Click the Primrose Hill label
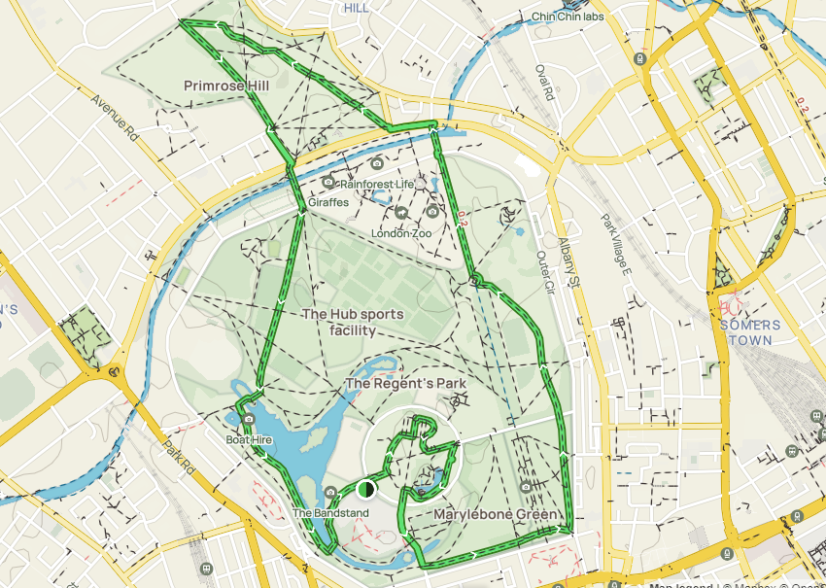click(225, 86)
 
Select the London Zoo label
click(400, 233)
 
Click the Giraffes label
click(328, 202)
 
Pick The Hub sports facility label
click(339, 322)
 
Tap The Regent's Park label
click(405, 384)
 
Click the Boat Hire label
click(249, 440)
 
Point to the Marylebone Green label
click(496, 514)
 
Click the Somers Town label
click(746, 332)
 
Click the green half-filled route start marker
click(366, 488)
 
